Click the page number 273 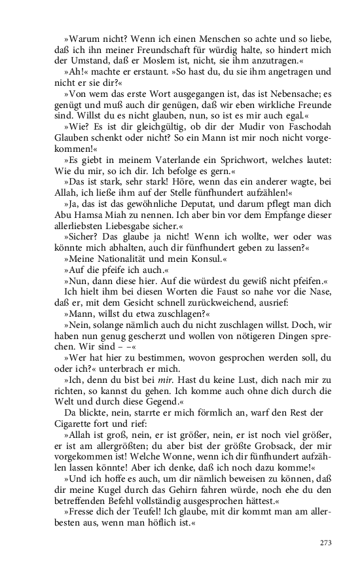[326, 543]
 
